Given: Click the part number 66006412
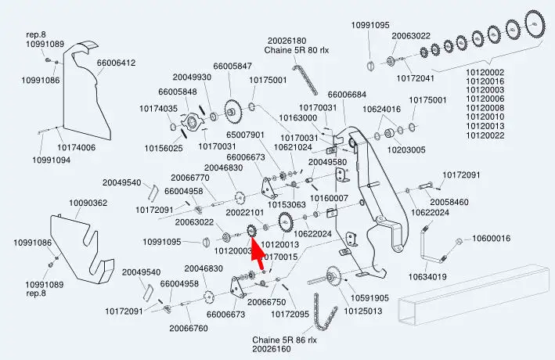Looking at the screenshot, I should click(x=117, y=63).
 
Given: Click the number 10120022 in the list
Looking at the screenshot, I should click(x=485, y=135).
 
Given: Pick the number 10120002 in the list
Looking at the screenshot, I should click(x=485, y=73).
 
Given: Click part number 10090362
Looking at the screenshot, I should click(x=88, y=203).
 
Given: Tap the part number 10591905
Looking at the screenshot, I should click(x=368, y=298).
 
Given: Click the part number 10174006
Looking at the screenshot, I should click(x=77, y=147).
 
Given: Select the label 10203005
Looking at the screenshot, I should click(x=407, y=149).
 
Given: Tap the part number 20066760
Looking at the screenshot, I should click(x=189, y=328).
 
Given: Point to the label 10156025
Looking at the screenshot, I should click(x=164, y=148).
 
